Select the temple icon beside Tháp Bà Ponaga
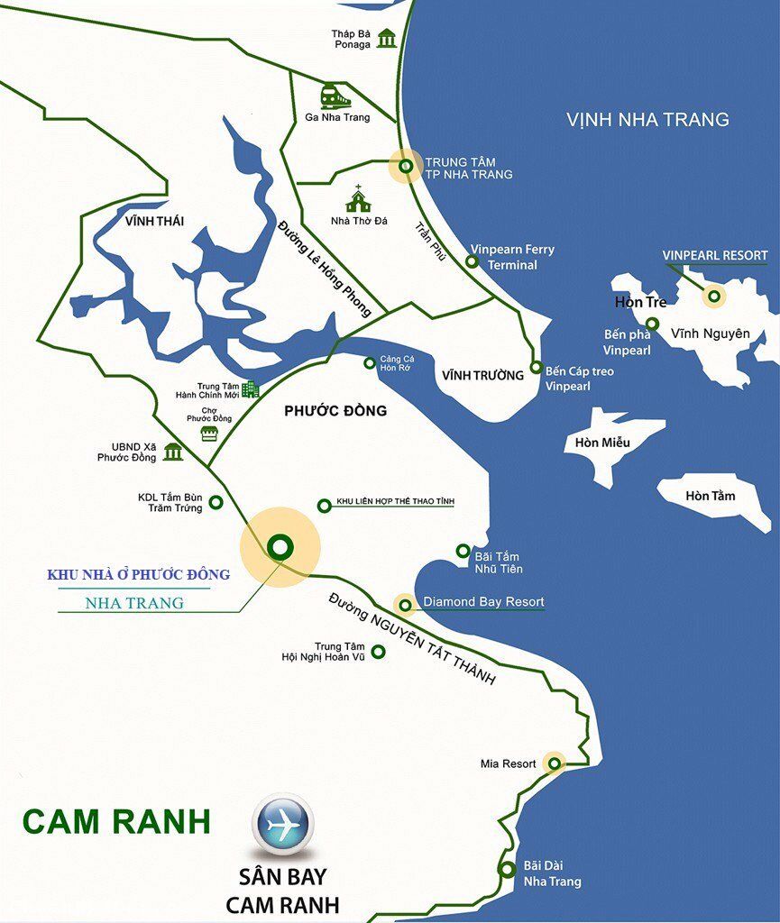point(387,39)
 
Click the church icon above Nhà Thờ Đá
point(358,199)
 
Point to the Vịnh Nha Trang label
point(647,119)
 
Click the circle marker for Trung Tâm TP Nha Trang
point(406,166)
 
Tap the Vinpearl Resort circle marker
point(714,296)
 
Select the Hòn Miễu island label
point(603,443)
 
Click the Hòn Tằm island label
point(711,496)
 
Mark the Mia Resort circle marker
point(554,763)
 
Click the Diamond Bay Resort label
point(483,602)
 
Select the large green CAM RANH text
point(116,821)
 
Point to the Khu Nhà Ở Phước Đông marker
point(280,546)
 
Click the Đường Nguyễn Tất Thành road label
point(412,639)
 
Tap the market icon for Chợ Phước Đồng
point(210,434)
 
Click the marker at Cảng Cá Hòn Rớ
point(369,363)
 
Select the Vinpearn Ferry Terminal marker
point(472,261)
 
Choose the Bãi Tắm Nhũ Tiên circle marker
point(463,551)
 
